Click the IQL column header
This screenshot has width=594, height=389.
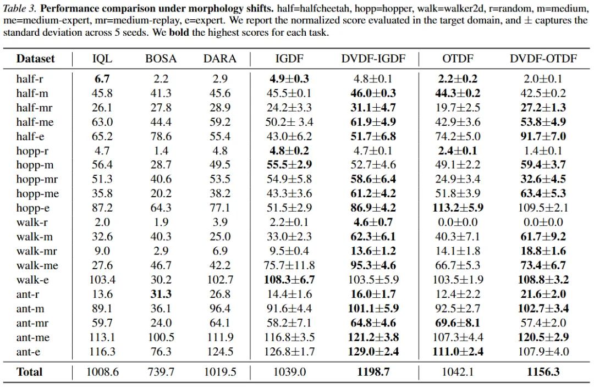point(102,59)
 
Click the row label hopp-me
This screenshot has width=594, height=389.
point(37,194)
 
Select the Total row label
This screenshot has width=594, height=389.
point(30,372)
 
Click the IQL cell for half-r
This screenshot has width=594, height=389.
point(102,79)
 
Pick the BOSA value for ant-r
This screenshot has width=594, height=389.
point(161,294)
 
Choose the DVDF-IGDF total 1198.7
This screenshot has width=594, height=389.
point(373,372)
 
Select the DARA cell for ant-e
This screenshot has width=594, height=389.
point(220,352)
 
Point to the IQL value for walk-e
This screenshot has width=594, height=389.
point(102,280)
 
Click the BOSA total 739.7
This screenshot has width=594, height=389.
point(161,372)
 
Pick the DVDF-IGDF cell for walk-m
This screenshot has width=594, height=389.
point(373,237)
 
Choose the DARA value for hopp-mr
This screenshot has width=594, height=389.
point(220,180)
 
